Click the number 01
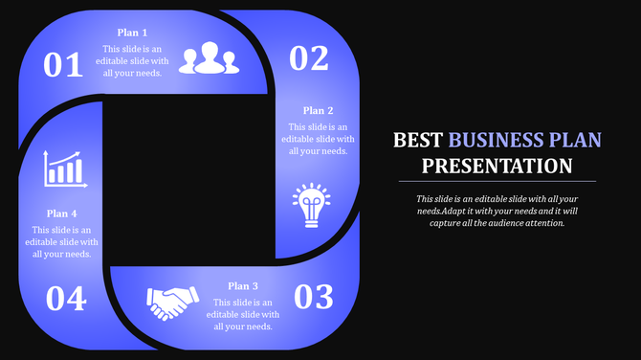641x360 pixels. coord(64,65)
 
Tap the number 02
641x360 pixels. coord(308,59)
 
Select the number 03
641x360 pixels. coord(313,298)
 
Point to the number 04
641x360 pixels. coord(66,300)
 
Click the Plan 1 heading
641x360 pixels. coord(133,33)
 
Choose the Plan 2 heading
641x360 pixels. coord(319,111)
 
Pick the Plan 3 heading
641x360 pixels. coord(244,286)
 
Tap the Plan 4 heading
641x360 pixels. coord(62,214)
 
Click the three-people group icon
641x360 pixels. coord(208,59)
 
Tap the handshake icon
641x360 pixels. coord(172,304)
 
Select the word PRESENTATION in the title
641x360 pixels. coord(497,166)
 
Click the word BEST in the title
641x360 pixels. coord(419,141)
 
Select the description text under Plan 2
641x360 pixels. coord(315,139)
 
